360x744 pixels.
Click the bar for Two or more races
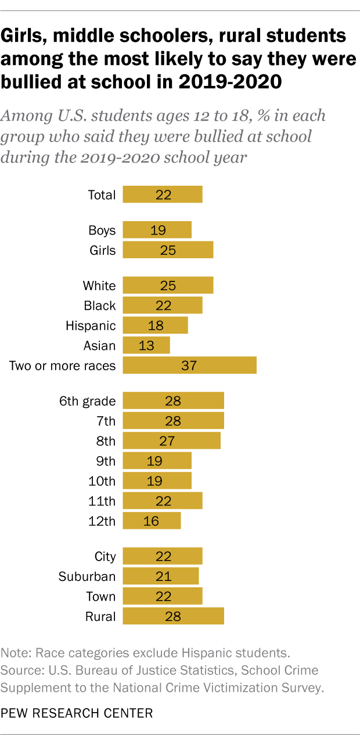[189, 366]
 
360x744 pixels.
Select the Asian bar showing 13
[146, 346]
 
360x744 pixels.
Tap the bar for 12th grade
[152, 521]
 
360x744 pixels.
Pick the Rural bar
[173, 616]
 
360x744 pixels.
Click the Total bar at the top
[163, 195]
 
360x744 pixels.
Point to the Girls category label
[102, 251]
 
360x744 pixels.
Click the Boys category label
[102, 230]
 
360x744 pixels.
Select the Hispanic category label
[91, 326]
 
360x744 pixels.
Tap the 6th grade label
[87, 401]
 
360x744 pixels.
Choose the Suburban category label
[87, 576]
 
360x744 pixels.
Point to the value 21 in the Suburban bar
[164, 576]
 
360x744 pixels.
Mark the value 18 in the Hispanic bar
[156, 326]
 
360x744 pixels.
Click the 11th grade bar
[163, 500]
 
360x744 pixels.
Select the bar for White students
[168, 286]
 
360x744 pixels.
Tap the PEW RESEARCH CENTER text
[77, 713]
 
